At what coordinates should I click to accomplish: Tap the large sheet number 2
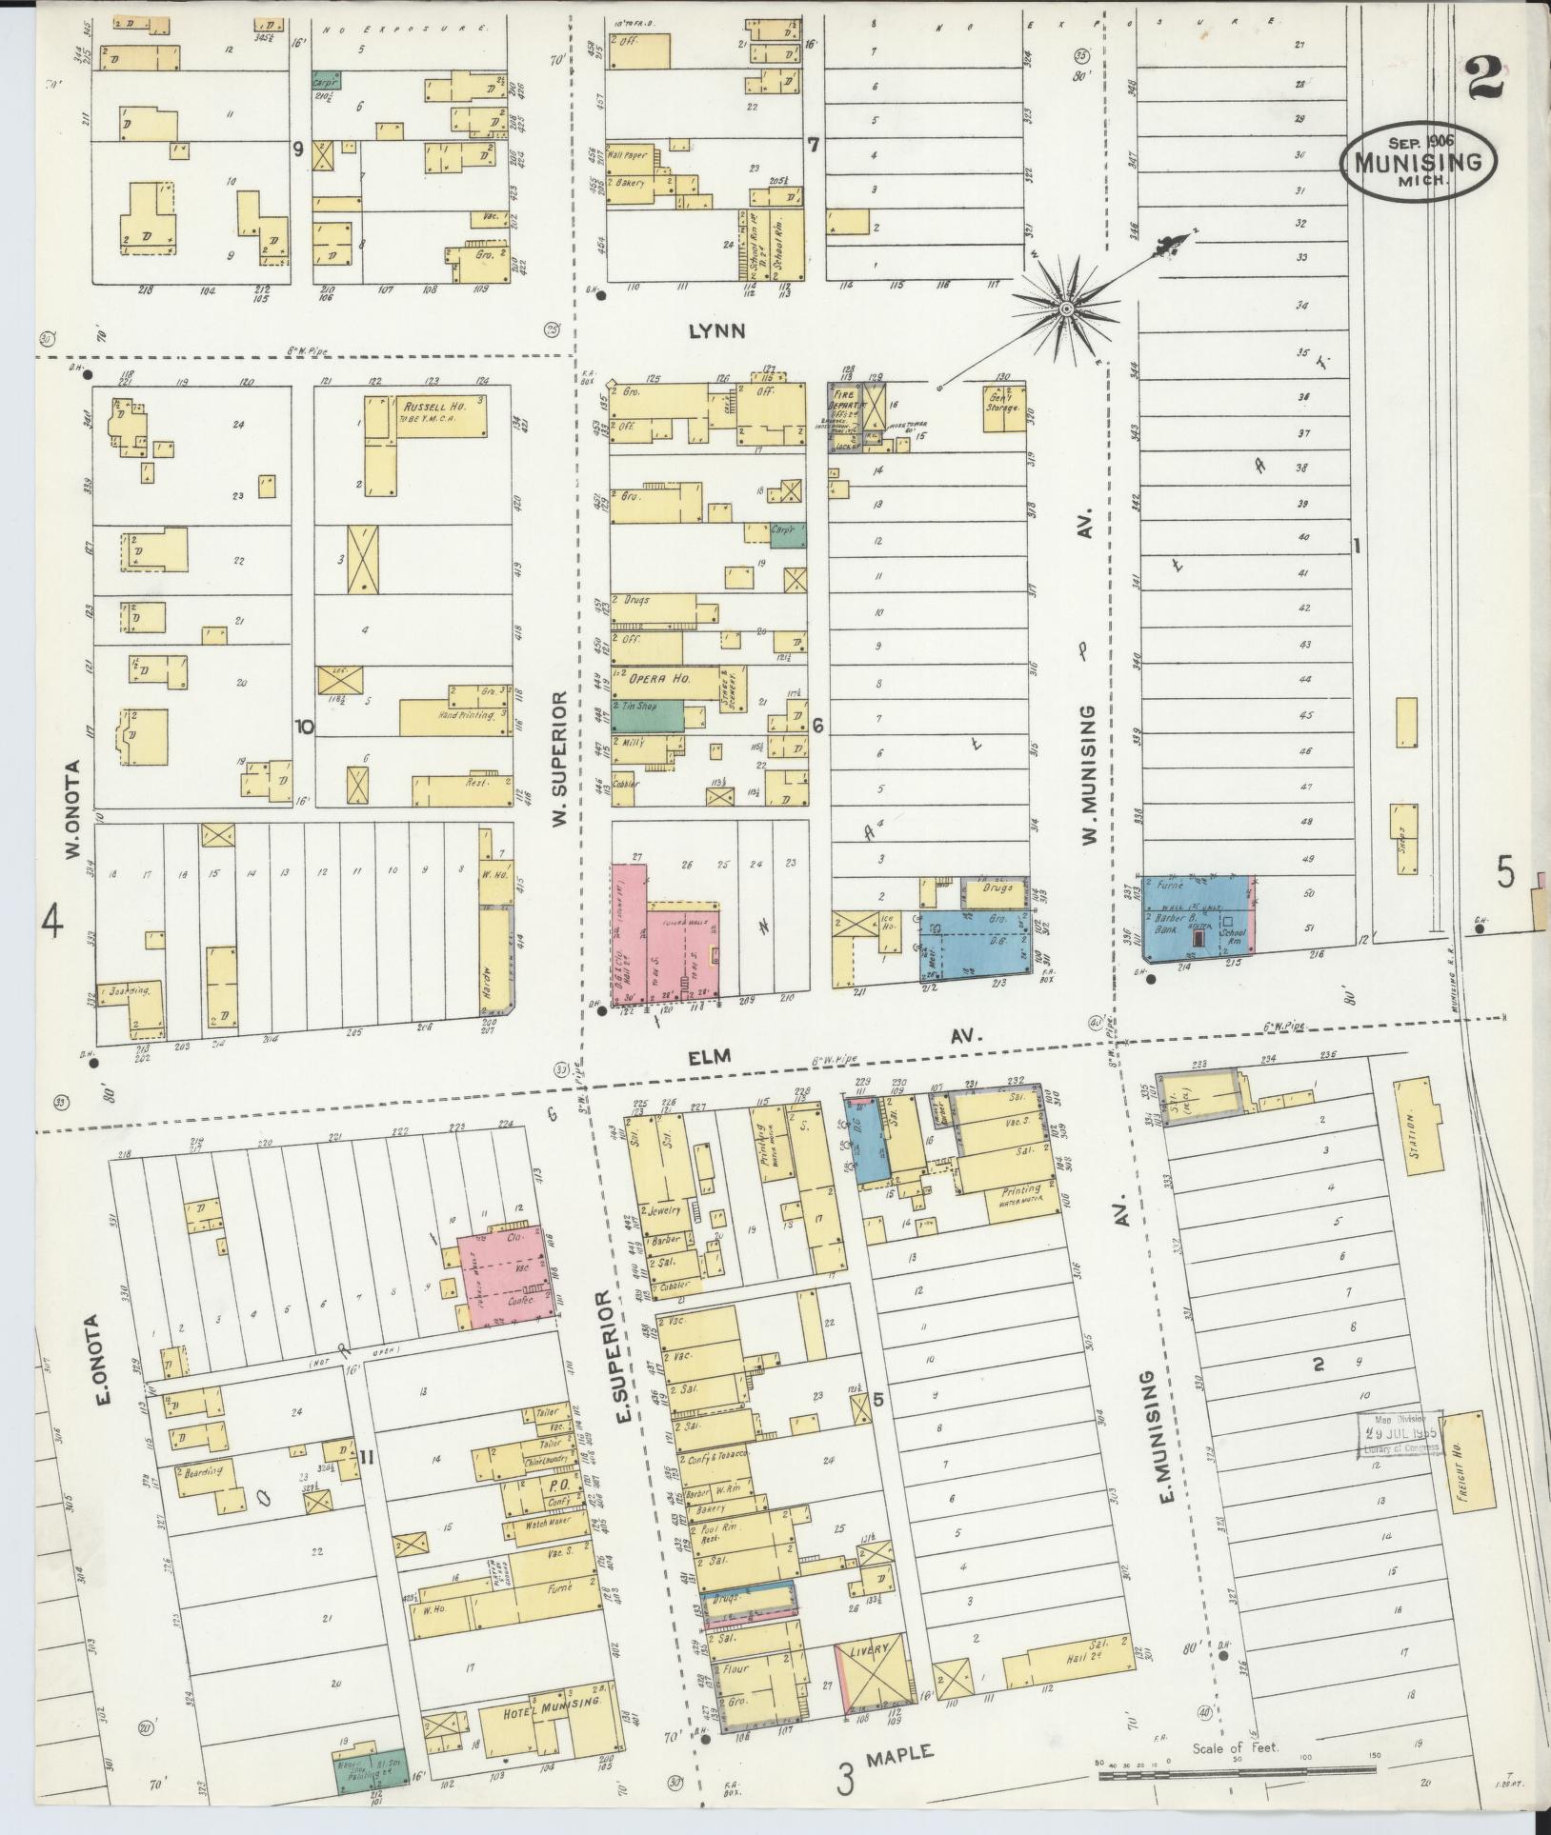point(1484,78)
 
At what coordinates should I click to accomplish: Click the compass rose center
point(1066,308)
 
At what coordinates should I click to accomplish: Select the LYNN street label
point(715,330)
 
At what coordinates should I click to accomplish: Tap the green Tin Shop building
point(647,714)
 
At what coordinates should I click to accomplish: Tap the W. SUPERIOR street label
point(560,760)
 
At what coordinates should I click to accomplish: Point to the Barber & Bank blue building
point(1198,914)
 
